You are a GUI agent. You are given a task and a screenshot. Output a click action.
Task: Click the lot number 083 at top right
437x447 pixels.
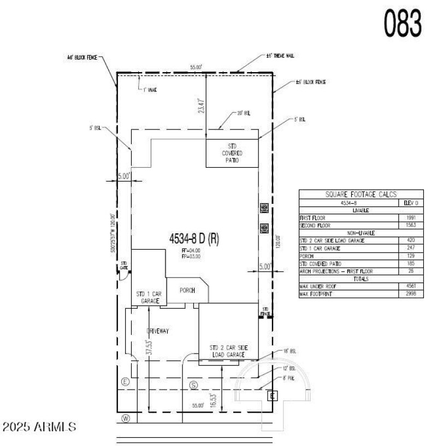point(402,23)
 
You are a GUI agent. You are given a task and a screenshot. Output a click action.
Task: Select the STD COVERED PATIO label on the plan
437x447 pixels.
point(232,153)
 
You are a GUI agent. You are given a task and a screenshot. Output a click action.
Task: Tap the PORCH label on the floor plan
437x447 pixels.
point(187,290)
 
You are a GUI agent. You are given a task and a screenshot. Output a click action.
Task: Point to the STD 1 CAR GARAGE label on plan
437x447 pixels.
point(148,297)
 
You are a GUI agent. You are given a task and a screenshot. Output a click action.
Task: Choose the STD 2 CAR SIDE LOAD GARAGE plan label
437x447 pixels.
point(228,351)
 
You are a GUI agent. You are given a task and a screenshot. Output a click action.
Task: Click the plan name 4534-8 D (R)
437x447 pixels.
point(194,239)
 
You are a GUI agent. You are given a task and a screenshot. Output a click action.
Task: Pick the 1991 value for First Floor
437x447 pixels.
point(410,217)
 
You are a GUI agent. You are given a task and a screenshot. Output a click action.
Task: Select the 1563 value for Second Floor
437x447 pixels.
point(410,225)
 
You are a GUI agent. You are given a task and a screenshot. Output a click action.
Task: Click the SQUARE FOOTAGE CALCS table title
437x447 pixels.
point(361,194)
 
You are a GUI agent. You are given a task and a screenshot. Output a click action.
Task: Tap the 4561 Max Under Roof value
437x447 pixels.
point(410,286)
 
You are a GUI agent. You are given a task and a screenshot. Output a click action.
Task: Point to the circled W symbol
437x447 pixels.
point(125,419)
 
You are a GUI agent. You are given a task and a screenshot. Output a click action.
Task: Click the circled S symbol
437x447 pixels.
point(193,385)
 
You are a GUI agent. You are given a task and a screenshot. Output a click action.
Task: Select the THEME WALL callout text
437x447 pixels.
point(279,56)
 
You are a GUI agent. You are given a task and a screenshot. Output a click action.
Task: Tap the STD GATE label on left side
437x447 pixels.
point(124,266)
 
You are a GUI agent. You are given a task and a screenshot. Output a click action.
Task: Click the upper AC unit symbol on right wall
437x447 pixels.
point(264,208)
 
